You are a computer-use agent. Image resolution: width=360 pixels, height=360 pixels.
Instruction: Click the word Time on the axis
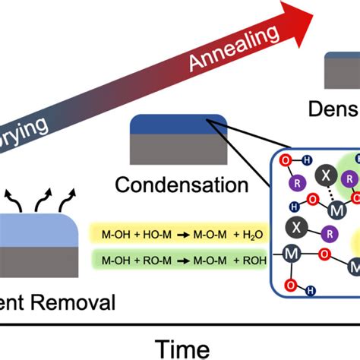pos(182,349)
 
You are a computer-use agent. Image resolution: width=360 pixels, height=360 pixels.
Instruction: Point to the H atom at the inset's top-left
pos(305,160)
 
